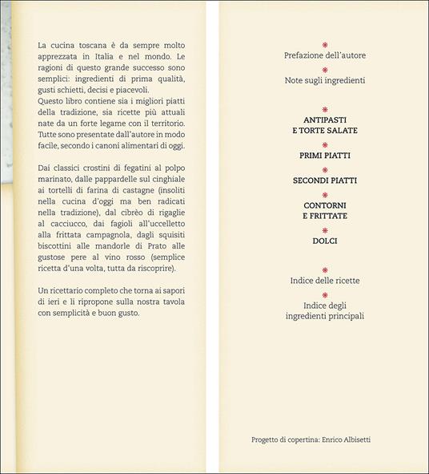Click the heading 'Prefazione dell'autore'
point(324,55)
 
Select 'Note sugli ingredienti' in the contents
point(324,81)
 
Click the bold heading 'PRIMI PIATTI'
point(324,155)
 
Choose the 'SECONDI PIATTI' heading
point(324,180)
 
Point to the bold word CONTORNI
point(324,206)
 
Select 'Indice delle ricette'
point(324,281)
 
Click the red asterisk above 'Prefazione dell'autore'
point(324,45)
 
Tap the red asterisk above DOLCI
point(324,231)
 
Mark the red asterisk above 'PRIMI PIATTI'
point(324,144)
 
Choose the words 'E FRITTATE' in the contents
point(324,217)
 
